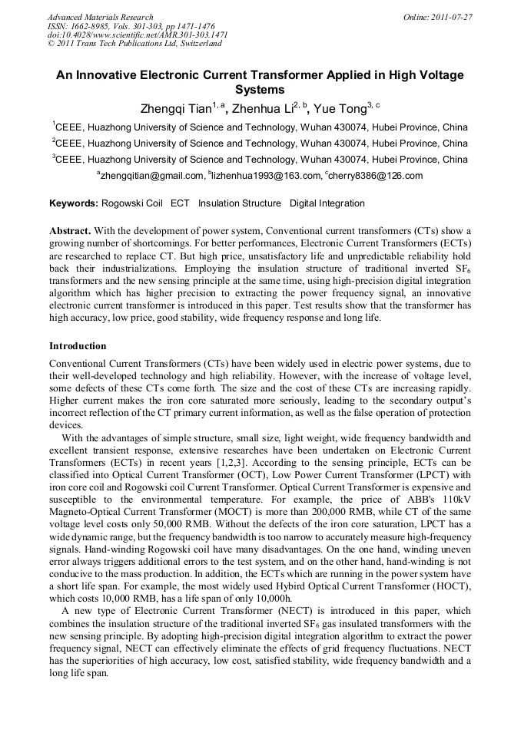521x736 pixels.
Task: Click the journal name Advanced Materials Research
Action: [x=100, y=17]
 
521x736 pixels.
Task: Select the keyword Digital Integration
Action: [x=327, y=203]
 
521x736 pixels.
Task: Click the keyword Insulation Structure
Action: [x=240, y=203]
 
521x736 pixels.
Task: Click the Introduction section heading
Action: [x=78, y=346]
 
